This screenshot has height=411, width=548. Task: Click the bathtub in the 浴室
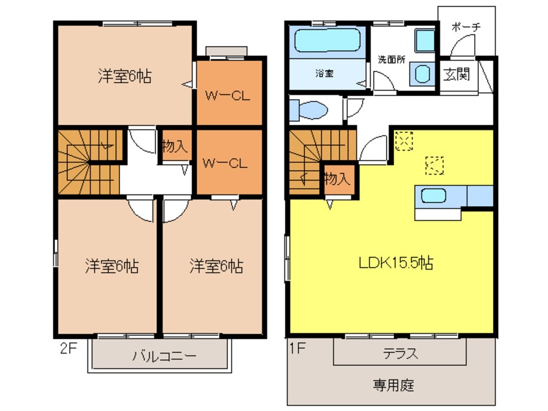click(328, 40)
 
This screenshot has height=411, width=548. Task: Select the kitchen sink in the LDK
click(433, 196)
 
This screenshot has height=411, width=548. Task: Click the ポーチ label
click(466, 27)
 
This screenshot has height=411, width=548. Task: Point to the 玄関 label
click(457, 74)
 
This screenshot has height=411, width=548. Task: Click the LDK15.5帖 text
click(396, 263)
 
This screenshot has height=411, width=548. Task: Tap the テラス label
click(400, 353)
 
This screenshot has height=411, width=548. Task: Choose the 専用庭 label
click(393, 385)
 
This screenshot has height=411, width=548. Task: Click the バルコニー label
click(165, 356)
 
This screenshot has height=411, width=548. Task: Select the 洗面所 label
click(392, 60)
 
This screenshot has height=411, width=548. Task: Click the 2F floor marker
click(68, 348)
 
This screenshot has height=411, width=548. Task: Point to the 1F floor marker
click(298, 348)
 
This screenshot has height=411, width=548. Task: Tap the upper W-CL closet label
click(227, 95)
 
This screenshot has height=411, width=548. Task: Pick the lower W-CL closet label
click(225, 163)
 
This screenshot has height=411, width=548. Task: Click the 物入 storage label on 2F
click(175, 146)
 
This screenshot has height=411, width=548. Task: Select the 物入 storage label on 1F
click(337, 179)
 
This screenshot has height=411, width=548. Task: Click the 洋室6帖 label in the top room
click(125, 76)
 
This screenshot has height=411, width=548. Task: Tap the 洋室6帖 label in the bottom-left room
click(112, 266)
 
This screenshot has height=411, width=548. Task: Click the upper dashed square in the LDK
click(404, 141)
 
